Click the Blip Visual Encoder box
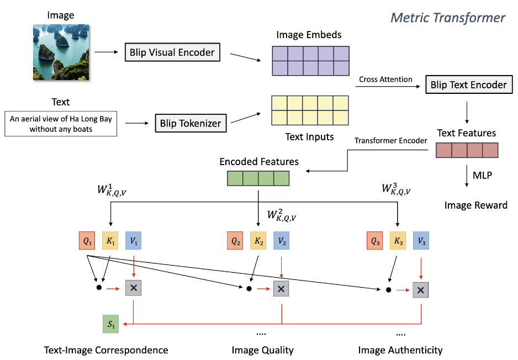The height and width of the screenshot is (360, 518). pos(172,53)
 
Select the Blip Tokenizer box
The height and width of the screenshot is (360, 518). pos(191,123)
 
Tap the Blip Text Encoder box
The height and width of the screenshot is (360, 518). pos(468,85)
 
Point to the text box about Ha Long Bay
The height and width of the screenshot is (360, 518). pos(61,124)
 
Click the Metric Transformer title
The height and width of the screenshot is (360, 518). pos(448,18)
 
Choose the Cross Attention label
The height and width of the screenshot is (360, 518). pos(385,80)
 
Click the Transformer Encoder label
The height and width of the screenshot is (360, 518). pos(392,141)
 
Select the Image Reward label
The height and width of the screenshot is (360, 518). pos(475,205)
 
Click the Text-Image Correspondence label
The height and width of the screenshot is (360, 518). pos(106,350)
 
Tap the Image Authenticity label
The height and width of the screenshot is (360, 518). pos(400,350)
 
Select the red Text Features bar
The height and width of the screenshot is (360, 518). pos(467,151)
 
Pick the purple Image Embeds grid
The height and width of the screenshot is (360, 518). pos(310,60)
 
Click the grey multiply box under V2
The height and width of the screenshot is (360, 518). pos(281,288)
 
